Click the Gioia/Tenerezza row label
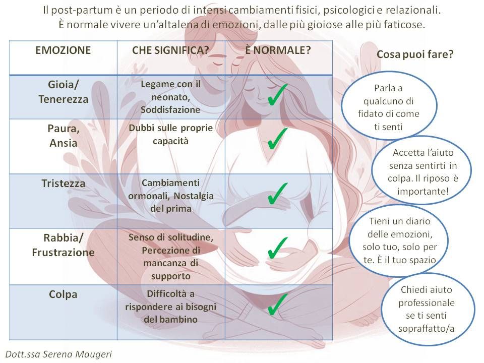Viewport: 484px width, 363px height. click(x=63, y=91)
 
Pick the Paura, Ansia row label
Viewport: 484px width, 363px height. click(x=63, y=135)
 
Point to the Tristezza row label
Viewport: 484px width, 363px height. click(x=63, y=184)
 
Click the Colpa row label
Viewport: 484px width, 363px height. click(x=63, y=294)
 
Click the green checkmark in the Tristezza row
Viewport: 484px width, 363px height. click(x=277, y=192)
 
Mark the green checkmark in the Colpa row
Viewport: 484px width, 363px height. click(x=277, y=304)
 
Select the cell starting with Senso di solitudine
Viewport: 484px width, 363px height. click(x=170, y=256)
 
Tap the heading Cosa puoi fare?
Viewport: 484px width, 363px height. click(x=414, y=55)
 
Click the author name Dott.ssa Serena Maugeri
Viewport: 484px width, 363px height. click(x=59, y=354)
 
